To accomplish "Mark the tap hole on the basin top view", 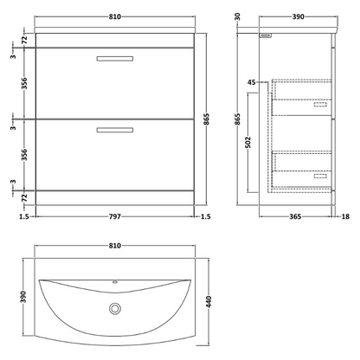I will pos(114,282).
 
